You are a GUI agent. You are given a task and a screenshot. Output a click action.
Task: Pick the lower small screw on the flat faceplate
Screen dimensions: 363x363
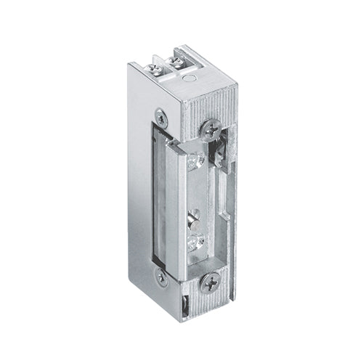pos(161,277)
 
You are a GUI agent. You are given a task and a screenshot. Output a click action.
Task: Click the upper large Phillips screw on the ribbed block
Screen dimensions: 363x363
pos(212,129)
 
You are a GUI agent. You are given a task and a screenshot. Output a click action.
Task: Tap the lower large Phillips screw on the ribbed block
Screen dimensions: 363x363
pos(211,282)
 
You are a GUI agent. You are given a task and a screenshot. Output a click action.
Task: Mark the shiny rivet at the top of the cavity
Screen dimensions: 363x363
pos(195,160)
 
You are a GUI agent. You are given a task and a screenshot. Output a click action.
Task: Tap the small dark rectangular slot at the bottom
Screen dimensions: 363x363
pos(186,303)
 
